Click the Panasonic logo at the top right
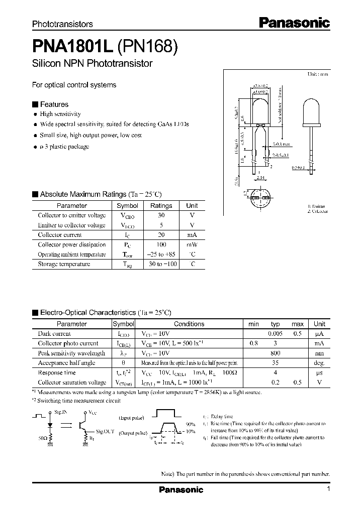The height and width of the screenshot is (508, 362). [294, 22]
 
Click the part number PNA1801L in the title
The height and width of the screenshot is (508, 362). [72, 47]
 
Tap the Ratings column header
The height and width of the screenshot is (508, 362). [161, 205]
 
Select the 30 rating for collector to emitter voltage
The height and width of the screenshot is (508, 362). [161, 215]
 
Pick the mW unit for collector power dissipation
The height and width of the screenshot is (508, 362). [192, 244]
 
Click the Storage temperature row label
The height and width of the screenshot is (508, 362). [64, 264]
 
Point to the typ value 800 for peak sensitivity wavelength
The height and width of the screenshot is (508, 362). [275, 353]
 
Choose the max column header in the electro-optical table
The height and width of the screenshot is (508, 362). [297, 324]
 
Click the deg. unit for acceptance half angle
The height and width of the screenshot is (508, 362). [319, 363]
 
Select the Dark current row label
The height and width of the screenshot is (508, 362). [54, 334]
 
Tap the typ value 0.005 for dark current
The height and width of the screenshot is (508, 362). [275, 334]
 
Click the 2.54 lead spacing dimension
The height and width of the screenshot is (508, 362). [260, 177]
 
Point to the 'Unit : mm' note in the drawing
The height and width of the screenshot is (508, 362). [317, 74]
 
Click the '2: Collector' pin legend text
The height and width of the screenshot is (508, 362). [317, 212]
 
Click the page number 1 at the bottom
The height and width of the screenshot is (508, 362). [328, 489]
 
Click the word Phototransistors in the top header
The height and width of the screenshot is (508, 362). [62, 24]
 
